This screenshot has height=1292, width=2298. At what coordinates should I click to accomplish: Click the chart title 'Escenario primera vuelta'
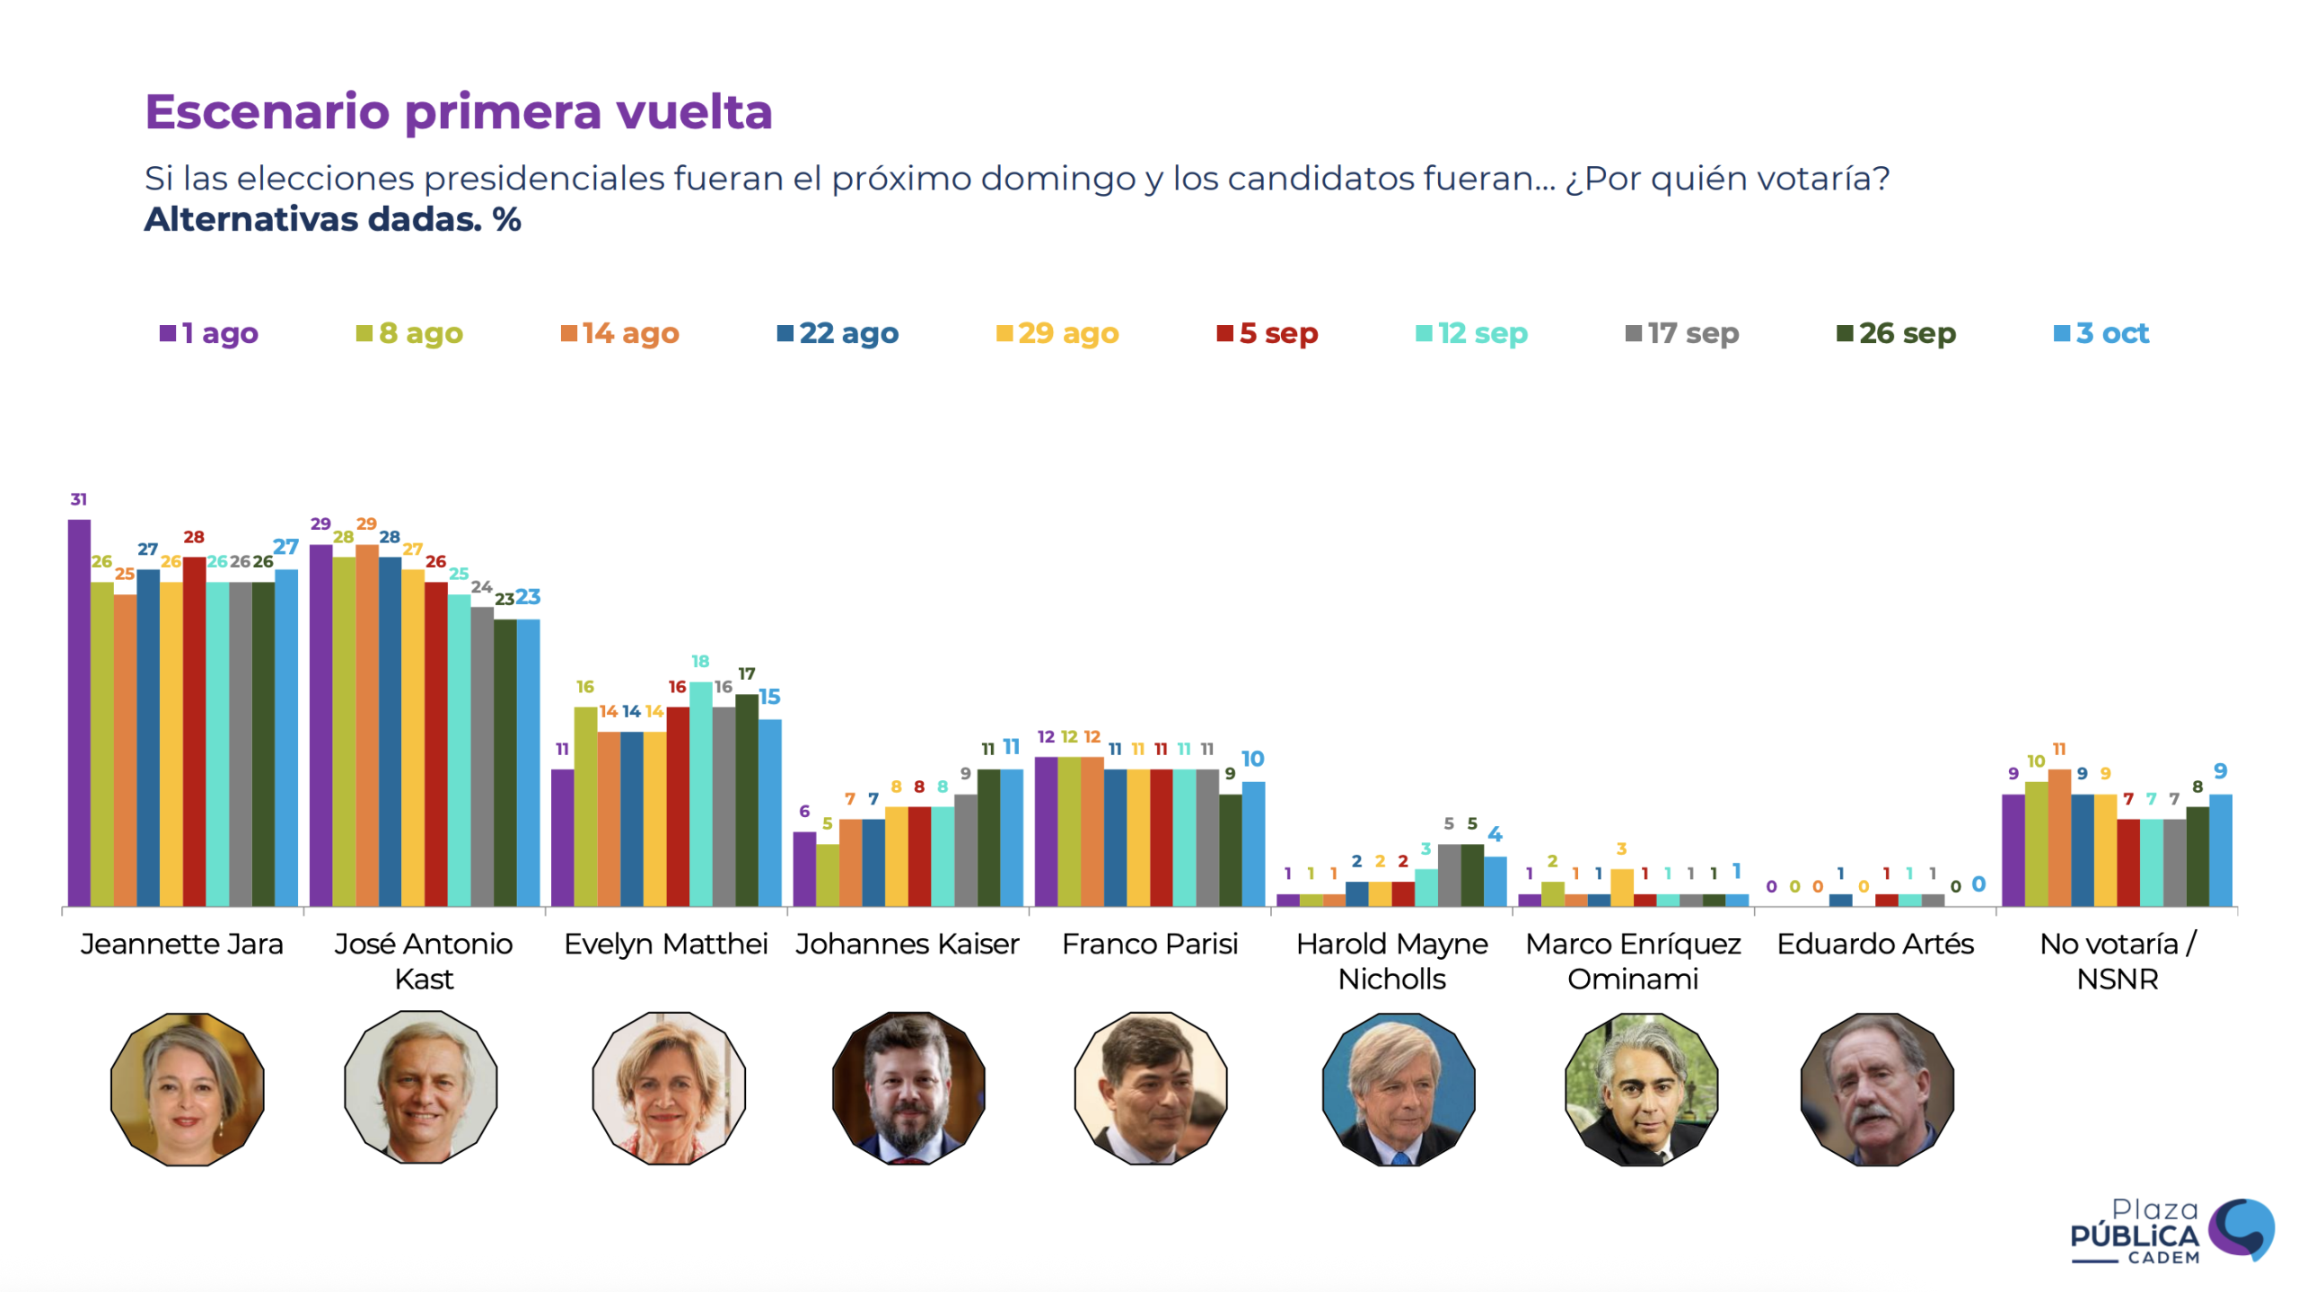click(x=458, y=112)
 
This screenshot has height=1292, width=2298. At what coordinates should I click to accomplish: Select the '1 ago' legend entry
click(x=209, y=333)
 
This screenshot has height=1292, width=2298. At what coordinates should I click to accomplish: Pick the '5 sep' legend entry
click(x=1267, y=333)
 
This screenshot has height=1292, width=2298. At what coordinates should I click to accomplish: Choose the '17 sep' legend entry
click(x=1681, y=333)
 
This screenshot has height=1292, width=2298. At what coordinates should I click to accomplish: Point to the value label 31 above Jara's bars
click(x=79, y=499)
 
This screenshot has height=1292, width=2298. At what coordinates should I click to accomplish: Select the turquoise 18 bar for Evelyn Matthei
click(x=700, y=794)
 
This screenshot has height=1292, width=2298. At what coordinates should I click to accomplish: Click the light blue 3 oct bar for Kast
click(x=528, y=762)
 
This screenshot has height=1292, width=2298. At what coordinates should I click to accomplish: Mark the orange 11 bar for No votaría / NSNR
click(x=2059, y=837)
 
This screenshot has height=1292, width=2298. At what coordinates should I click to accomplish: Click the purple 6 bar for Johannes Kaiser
click(x=804, y=868)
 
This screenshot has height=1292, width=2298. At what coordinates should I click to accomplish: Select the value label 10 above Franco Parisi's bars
click(x=1252, y=760)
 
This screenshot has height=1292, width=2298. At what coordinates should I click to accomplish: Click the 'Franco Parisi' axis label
click(x=1149, y=944)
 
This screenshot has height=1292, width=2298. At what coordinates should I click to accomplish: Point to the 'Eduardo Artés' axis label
click(x=1874, y=944)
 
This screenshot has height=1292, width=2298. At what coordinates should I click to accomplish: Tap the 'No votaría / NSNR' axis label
click(x=2117, y=961)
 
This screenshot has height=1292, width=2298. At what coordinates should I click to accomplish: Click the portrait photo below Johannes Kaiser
click(x=908, y=1088)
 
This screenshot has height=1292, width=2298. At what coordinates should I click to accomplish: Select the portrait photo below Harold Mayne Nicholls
click(x=1398, y=1088)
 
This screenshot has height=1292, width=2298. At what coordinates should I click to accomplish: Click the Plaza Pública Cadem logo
click(x=2171, y=1231)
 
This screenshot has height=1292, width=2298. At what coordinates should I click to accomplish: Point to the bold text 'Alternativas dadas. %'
click(x=332, y=220)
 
